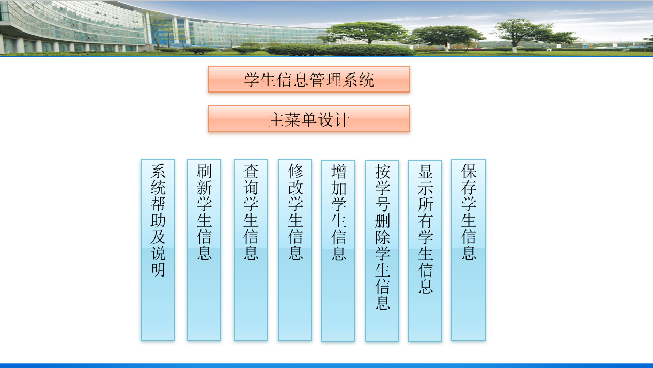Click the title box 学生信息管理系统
(x=309, y=79)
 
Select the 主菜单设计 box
(x=309, y=119)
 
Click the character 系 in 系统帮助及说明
(x=158, y=171)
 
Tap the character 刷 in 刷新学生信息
(x=205, y=171)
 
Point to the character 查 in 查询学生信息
(x=251, y=171)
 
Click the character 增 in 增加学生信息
(x=339, y=171)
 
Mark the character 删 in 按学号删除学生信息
(x=383, y=221)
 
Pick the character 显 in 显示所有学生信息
(x=426, y=171)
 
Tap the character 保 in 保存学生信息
(x=469, y=171)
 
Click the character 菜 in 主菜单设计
(x=293, y=120)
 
